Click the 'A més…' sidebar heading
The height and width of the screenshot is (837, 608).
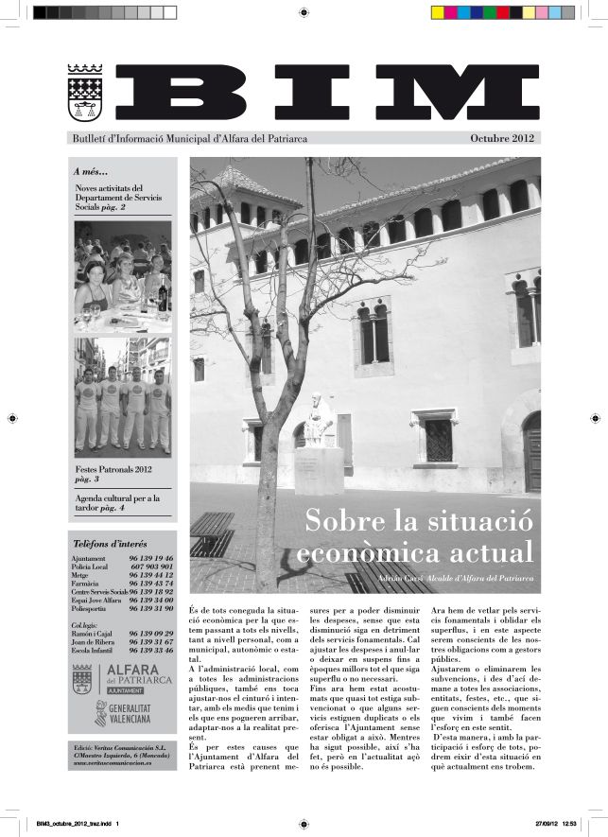(x=91, y=172)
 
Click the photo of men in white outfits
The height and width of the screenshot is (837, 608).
(x=123, y=397)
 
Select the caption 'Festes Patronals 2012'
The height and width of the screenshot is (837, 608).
(x=113, y=469)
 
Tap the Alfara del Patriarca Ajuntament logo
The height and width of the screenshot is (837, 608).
(x=121, y=680)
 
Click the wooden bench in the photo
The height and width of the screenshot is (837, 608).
(x=212, y=534)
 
